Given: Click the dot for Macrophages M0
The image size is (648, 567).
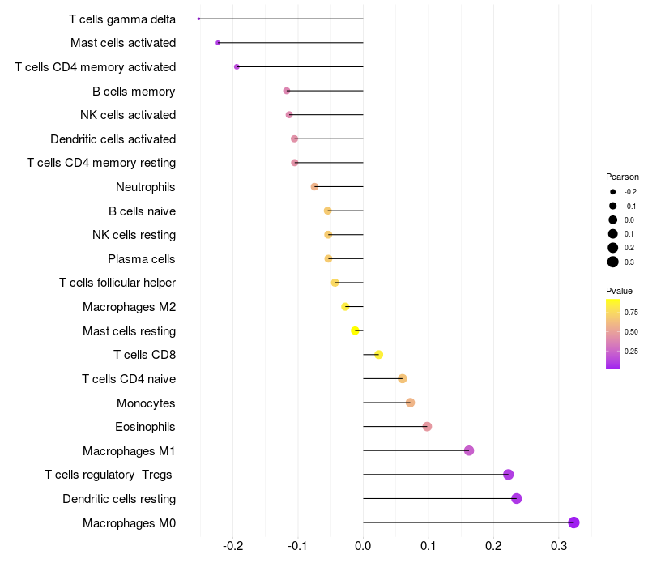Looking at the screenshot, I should point(573,522).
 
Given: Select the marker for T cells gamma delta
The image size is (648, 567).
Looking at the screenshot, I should point(199,19).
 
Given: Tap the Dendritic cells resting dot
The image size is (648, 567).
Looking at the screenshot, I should point(517,498).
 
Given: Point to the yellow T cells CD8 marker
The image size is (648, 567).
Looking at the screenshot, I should point(378,355).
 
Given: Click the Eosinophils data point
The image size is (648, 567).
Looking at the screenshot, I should point(427,427).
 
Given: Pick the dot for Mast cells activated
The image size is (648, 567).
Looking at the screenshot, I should point(218,42).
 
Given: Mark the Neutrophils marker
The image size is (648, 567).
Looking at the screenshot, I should point(314,187).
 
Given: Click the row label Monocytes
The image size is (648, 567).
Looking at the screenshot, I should point(146,403).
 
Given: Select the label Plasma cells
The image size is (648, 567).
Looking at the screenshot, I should point(142,259).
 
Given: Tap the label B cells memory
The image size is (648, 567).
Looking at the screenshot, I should point(134,91).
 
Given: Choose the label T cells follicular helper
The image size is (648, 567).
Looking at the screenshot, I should point(117,283).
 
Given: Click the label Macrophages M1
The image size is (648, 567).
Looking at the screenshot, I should point(129,450).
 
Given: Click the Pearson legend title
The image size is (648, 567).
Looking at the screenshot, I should point(622,177).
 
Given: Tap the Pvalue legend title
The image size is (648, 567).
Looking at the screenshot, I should point(619,291).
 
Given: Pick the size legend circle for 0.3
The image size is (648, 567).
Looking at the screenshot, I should point(613,262).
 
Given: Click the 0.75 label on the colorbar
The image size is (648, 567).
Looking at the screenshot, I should point(631,312).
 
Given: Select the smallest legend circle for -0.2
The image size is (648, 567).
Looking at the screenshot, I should point(613,192).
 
